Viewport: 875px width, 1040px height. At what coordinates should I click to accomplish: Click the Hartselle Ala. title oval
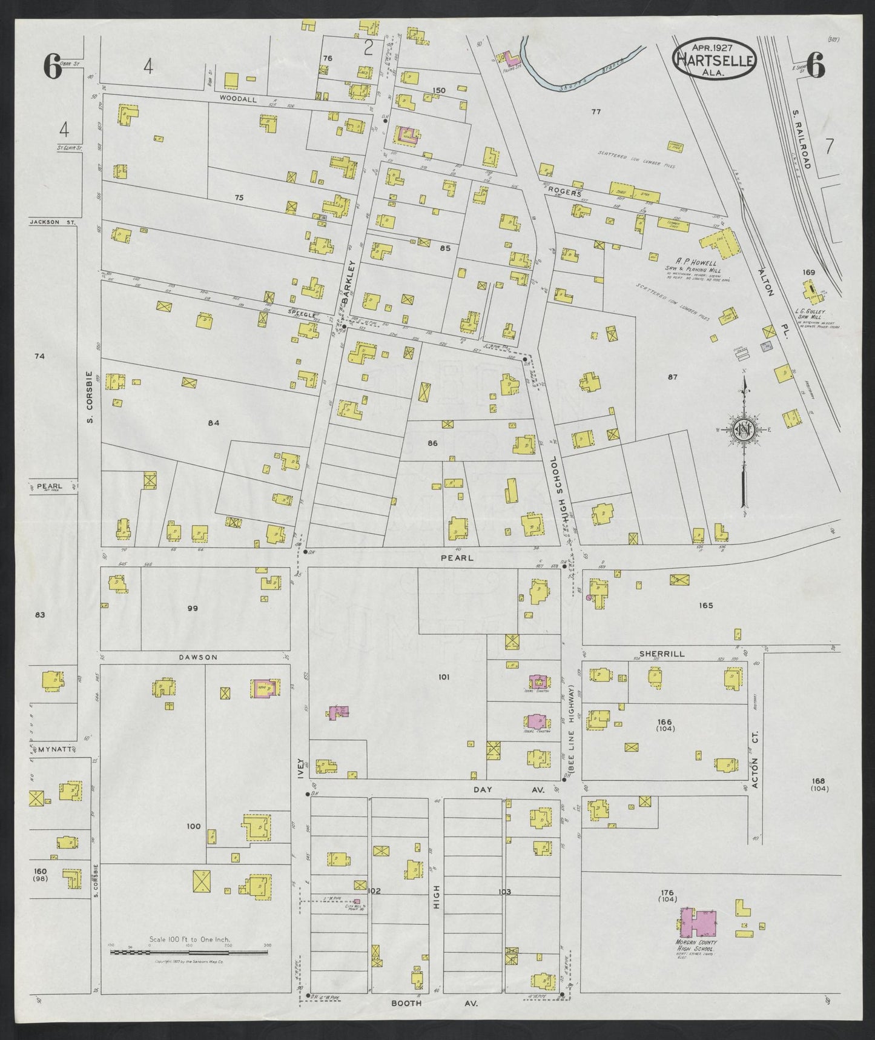point(713,59)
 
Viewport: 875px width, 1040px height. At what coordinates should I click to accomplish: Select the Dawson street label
point(197,657)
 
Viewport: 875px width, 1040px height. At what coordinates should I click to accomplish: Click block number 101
point(444,677)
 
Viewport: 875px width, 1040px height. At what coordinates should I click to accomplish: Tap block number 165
point(705,605)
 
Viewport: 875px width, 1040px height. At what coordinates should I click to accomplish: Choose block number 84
point(213,423)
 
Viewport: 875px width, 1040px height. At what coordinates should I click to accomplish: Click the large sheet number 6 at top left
point(53,66)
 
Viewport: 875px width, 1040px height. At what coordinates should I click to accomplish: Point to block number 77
point(596,111)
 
